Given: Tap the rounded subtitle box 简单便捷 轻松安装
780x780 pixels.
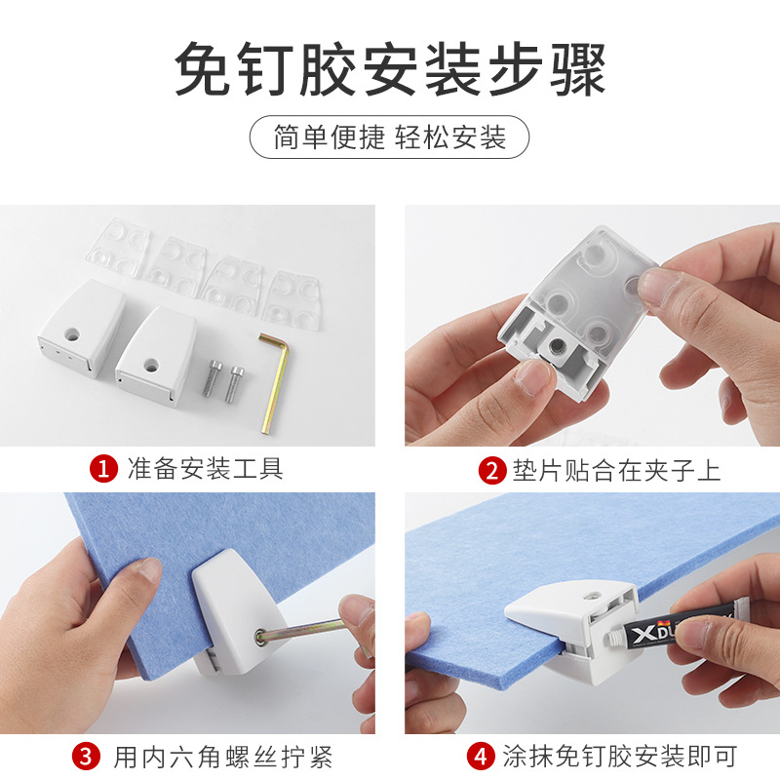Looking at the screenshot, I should (x=390, y=137).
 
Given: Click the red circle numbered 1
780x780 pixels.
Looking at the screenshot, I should (x=102, y=469).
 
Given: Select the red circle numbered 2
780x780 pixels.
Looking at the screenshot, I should (x=492, y=470).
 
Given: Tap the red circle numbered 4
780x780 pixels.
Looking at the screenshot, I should (x=478, y=756).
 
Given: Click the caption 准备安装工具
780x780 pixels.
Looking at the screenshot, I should (x=205, y=469).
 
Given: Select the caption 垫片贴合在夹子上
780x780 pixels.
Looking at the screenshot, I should (x=616, y=470).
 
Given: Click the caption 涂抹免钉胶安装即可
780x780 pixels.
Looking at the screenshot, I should (x=619, y=756).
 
